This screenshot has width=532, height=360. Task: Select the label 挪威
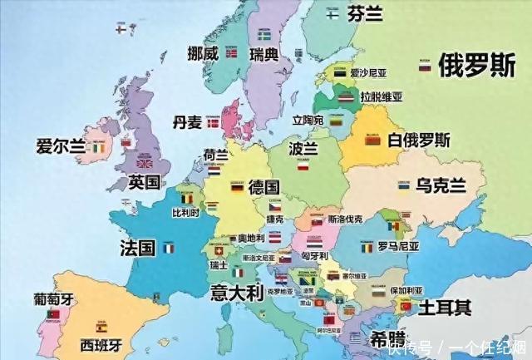coord(203,53)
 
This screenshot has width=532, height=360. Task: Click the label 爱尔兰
coord(60,147)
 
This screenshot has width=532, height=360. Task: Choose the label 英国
coord(144,182)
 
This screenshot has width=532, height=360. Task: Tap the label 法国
coord(137,247)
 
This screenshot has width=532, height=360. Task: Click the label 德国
coord(264,186)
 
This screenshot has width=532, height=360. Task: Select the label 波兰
coord(303,148)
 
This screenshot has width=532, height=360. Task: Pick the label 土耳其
coord(445,307)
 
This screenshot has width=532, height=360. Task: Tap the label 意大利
coord(236,293)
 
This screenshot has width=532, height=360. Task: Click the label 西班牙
coord(100,343)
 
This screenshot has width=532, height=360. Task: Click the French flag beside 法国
coord(169,248)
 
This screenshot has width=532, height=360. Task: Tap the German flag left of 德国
coord(237,188)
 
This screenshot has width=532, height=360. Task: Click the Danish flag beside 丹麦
coord(214,123)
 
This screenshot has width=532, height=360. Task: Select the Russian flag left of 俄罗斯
coord(424,66)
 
